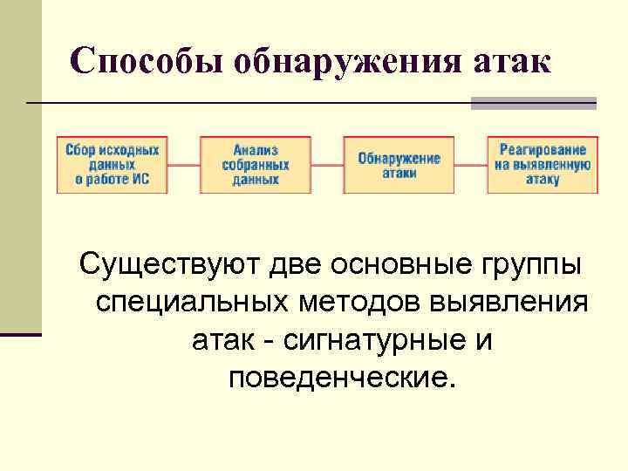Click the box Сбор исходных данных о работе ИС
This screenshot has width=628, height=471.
point(113,164)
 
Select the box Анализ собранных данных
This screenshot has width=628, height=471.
point(256,164)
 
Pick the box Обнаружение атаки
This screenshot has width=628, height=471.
point(399,164)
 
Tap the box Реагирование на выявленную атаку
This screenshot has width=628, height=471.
point(543,164)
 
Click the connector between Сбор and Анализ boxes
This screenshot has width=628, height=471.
point(185,164)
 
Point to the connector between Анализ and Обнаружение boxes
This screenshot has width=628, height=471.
point(327,164)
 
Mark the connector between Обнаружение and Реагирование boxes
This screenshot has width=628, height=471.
point(470,164)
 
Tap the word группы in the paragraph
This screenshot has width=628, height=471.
point(526,263)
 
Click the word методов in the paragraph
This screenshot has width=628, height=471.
point(366,303)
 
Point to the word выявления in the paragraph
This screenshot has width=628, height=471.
point(515,303)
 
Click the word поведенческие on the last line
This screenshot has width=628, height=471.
point(340,379)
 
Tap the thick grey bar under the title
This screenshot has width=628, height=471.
point(534,103)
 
